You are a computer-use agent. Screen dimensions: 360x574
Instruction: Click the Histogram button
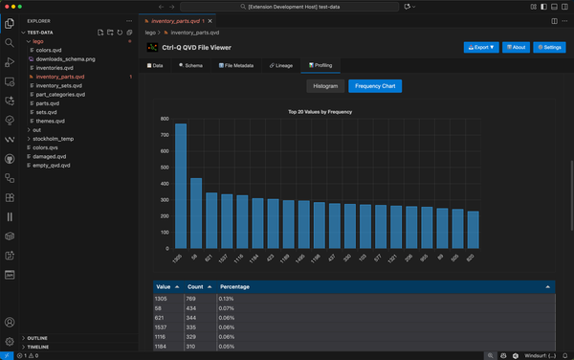pos(324,86)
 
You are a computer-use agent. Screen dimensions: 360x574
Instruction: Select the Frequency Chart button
pos(375,86)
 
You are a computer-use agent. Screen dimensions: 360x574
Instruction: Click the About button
pos(512,47)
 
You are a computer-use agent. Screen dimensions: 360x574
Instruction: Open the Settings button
pos(549,47)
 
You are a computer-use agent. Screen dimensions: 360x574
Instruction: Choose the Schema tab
pos(190,65)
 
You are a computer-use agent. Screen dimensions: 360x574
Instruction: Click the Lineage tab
pos(279,65)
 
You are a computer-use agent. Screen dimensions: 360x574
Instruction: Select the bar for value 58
pos(196,212)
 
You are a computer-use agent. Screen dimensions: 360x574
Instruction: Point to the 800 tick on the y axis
pos(165,120)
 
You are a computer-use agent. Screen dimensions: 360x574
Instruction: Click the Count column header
pos(195,286)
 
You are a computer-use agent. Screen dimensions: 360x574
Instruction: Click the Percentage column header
pos(235,286)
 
